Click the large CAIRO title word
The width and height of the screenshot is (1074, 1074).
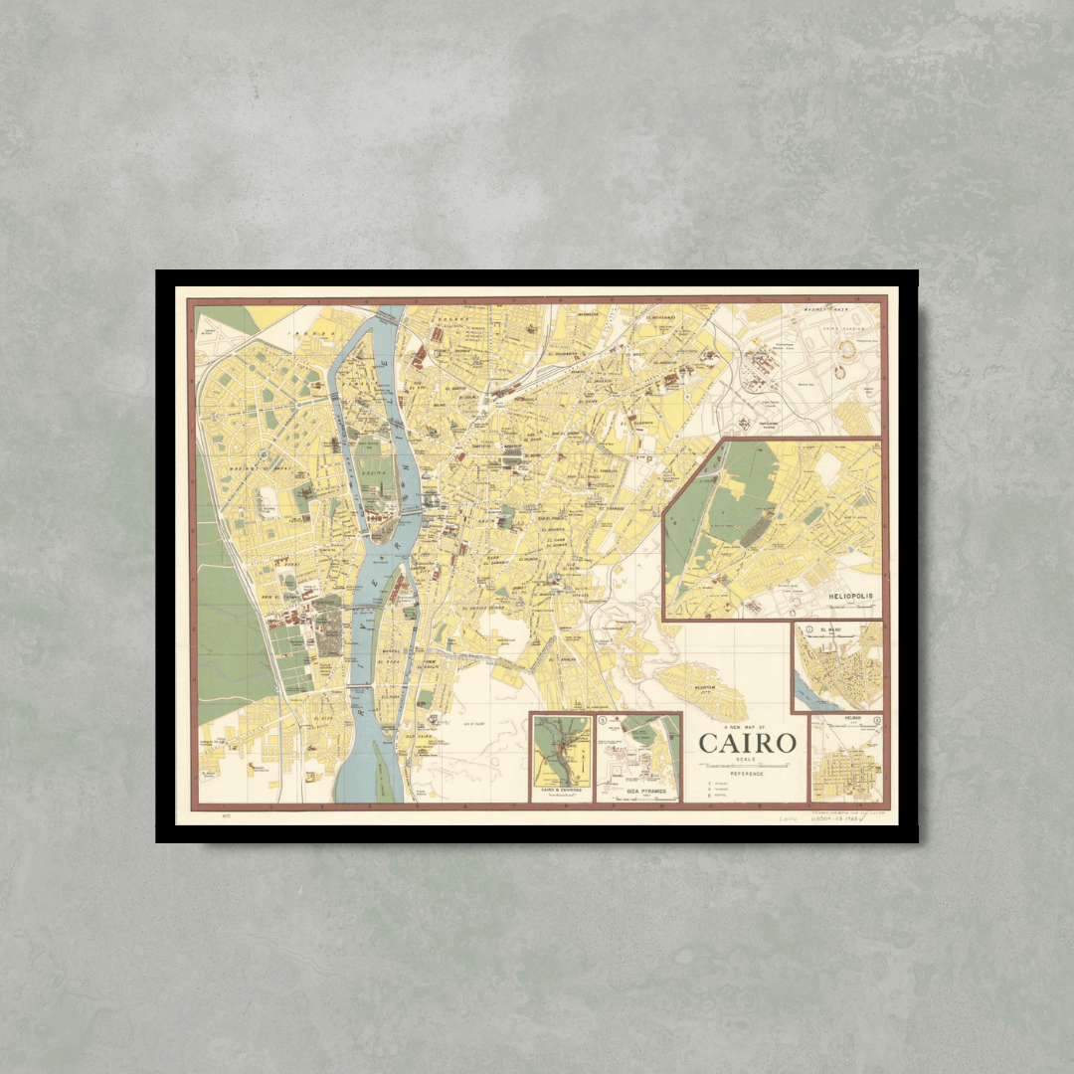point(747,743)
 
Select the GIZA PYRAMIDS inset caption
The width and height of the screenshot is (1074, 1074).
point(639,792)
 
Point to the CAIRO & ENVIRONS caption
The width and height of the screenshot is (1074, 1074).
point(561,792)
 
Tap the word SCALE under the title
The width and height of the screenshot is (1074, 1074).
point(747,759)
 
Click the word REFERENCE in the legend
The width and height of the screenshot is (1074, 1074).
point(747,774)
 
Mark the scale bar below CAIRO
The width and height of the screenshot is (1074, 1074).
point(747,766)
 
